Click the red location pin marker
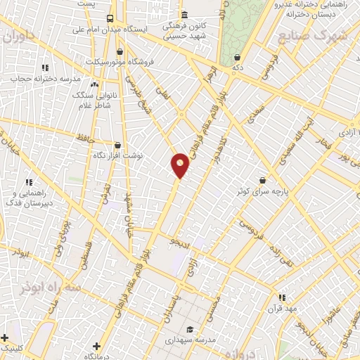(181, 166)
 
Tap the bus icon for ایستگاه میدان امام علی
(109, 18)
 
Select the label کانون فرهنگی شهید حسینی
(185, 30)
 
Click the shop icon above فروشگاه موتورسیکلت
(120, 51)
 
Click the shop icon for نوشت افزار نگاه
(117, 146)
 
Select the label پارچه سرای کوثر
(264, 191)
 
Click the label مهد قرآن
(288, 309)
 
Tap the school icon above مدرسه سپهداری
(189, 329)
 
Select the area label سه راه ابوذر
(53, 289)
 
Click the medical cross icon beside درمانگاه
(96, 346)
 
